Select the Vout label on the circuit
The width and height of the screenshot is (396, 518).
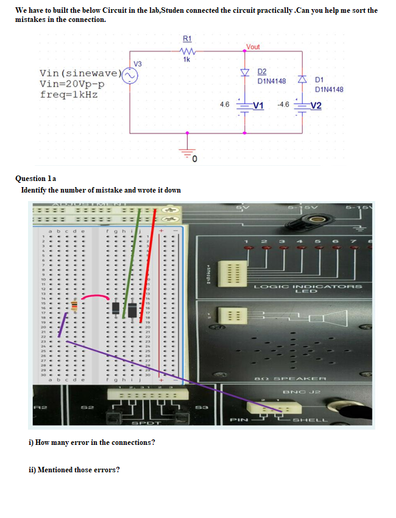(x=253, y=47)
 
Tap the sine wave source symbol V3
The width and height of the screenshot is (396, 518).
(x=131, y=74)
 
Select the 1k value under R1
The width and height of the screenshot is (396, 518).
(x=187, y=59)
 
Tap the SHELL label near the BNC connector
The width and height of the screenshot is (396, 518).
(x=311, y=420)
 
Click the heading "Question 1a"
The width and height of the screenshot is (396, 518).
(x=35, y=178)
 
